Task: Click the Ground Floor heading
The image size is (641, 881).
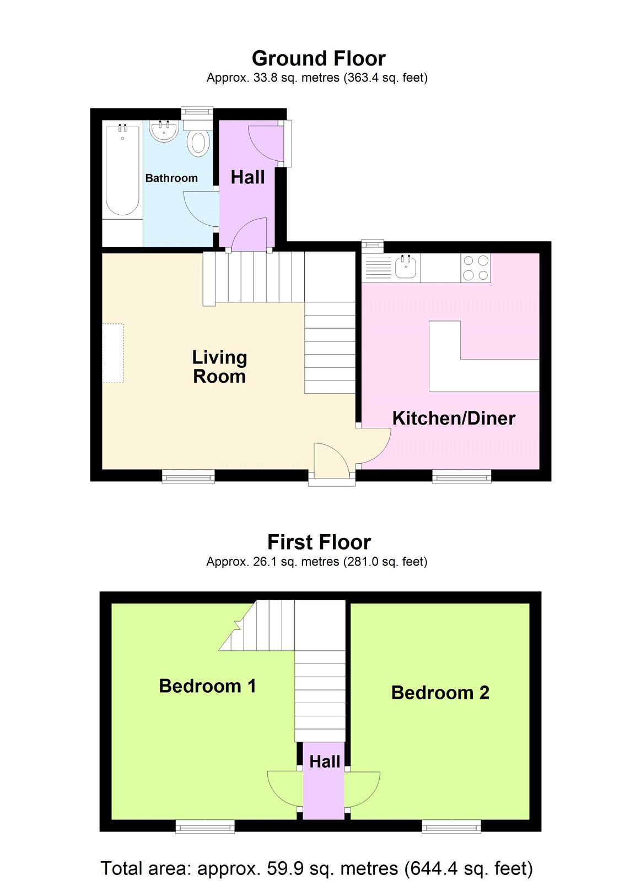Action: pyautogui.click(x=319, y=58)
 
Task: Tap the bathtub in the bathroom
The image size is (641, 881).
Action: pyautogui.click(x=122, y=171)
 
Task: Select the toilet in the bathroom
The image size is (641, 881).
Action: pyautogui.click(x=198, y=141)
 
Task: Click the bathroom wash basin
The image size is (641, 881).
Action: pyautogui.click(x=164, y=131)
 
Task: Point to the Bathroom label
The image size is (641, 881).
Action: pyautogui.click(x=171, y=178)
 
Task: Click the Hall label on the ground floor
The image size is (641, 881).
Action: pyautogui.click(x=247, y=177)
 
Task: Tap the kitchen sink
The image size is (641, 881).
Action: pyautogui.click(x=406, y=268)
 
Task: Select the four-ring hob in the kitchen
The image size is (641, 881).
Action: pyautogui.click(x=476, y=268)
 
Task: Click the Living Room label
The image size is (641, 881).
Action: pyautogui.click(x=219, y=367)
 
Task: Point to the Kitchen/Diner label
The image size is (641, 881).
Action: pyautogui.click(x=454, y=418)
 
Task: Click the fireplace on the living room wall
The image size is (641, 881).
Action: pyautogui.click(x=113, y=353)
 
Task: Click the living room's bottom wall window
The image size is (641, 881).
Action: pyautogui.click(x=188, y=476)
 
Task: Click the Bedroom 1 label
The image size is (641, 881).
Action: pyautogui.click(x=207, y=686)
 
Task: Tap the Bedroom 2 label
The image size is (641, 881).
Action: pyautogui.click(x=440, y=693)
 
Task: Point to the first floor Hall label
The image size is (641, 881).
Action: pyautogui.click(x=325, y=762)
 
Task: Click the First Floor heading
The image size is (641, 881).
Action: pyautogui.click(x=319, y=542)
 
